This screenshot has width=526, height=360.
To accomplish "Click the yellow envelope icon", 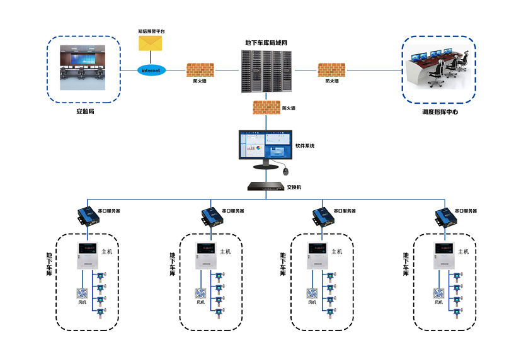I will pos(151,43).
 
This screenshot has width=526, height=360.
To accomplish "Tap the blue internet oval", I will pos(151,70).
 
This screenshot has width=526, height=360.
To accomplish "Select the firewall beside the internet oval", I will pos(200,70).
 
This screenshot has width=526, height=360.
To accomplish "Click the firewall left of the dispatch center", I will pos(331,70).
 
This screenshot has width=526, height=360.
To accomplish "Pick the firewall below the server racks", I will pos(266,108).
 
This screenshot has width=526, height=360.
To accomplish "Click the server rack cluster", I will pos(266,71).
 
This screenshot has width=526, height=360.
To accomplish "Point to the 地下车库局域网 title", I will pos(266,43).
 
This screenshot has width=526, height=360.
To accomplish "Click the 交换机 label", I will pos(295,187).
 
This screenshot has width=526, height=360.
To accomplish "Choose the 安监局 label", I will pos(85,112).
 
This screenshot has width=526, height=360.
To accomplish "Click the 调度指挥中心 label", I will pos(440,113).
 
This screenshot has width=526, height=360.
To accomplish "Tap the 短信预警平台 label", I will pos(151,30).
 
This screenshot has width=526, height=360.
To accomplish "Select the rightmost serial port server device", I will pos(447,215).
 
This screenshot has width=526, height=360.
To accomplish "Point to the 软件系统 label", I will pos(305,146).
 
